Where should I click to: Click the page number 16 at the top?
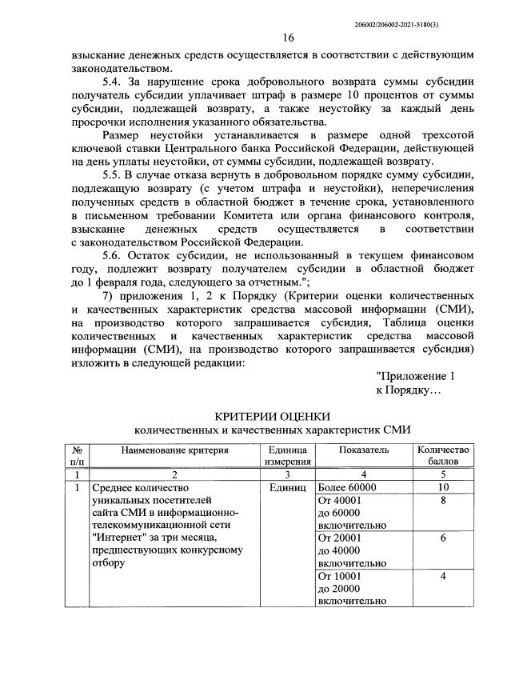tap(289, 38)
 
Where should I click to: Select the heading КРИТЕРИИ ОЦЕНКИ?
tap(273, 415)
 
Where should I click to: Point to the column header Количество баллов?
tap(443, 456)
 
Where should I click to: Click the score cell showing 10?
tap(443, 486)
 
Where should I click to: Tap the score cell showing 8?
tap(443, 500)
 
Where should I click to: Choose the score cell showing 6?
tap(443, 538)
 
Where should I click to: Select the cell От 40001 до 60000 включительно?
tap(352, 512)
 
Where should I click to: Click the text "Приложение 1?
tap(416, 375)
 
